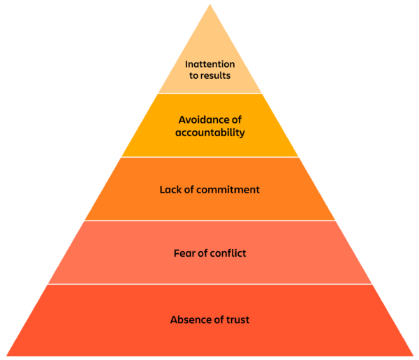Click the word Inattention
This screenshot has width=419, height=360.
click(x=209, y=64)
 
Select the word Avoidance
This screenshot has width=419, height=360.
click(x=202, y=120)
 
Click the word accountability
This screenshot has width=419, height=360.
click(x=210, y=133)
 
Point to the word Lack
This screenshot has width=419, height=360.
click(x=170, y=190)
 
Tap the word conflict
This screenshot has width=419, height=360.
click(x=228, y=253)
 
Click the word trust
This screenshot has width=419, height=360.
click(x=238, y=320)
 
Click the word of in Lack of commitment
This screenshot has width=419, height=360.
click(x=189, y=190)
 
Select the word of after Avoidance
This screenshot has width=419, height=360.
click(x=237, y=120)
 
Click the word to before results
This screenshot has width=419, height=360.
click(x=193, y=75)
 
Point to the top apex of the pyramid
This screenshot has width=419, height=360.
click(x=210, y=3)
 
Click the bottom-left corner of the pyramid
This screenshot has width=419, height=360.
click(x=6, y=356)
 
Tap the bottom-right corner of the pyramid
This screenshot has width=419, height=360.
click(x=413, y=356)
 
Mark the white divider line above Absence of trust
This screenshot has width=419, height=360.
click(x=210, y=284)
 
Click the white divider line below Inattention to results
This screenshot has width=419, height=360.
click(x=210, y=93)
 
